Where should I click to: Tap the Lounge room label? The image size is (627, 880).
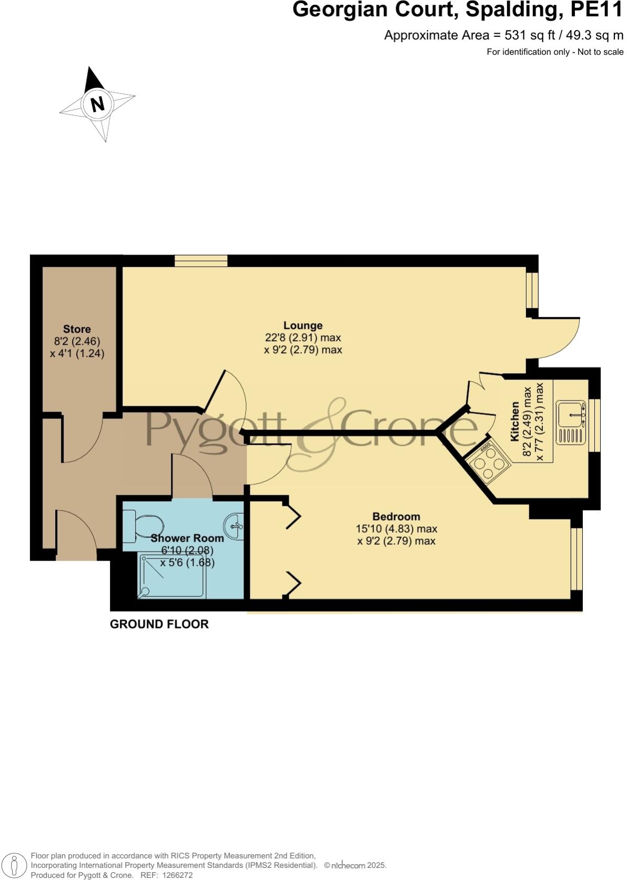[x=302, y=325]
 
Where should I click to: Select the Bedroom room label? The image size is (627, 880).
[x=396, y=516]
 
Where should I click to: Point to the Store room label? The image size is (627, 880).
[x=77, y=329]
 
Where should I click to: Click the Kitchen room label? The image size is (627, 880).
[x=515, y=421]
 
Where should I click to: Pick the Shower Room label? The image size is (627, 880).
[x=187, y=538]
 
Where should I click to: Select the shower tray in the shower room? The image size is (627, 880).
[x=171, y=575]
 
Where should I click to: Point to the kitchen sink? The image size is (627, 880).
[x=571, y=413]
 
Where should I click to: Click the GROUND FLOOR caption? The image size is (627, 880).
[x=159, y=624]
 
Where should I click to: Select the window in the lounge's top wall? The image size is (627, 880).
[x=201, y=261]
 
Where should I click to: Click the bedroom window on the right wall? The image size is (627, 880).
[x=577, y=558]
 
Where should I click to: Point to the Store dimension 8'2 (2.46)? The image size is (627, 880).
[x=77, y=342]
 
